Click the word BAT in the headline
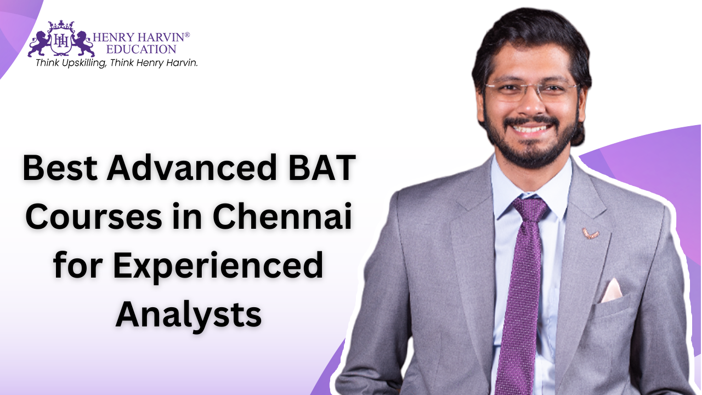(322, 168)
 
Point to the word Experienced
(218, 266)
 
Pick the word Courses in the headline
(94, 217)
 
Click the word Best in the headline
(60, 168)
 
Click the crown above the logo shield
(61, 25)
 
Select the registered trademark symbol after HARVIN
(187, 35)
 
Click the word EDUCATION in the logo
(141, 49)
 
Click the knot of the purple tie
(530, 209)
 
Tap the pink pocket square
(612, 291)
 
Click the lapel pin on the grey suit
(591, 234)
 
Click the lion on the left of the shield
(38, 44)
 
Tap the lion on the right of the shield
(83, 44)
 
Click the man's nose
(530, 105)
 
